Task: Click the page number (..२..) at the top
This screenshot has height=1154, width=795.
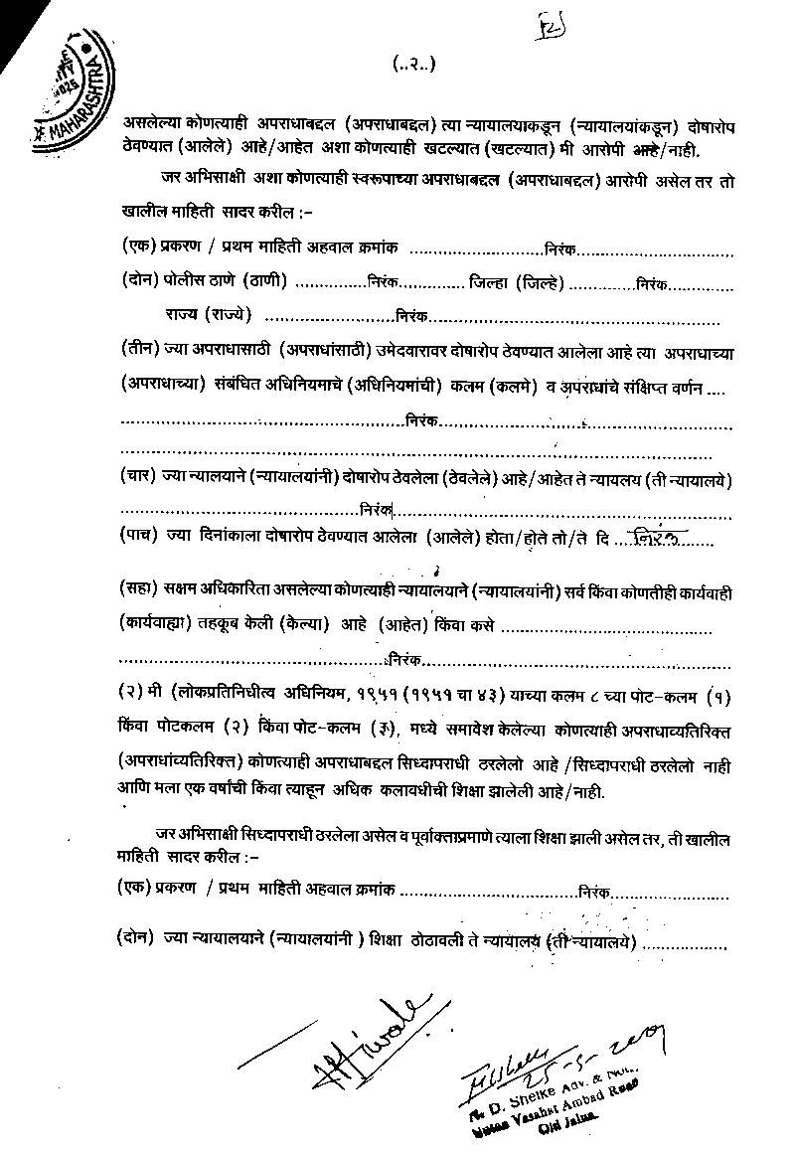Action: click(414, 66)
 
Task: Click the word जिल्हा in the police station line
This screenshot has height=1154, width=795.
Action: click(488, 282)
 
